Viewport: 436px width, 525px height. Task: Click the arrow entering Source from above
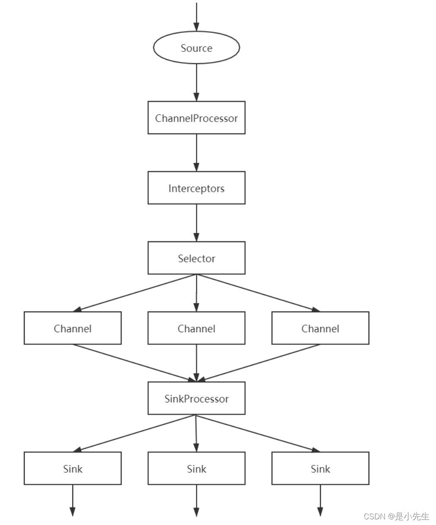click(x=196, y=17)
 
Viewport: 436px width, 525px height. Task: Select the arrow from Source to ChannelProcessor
click(x=196, y=82)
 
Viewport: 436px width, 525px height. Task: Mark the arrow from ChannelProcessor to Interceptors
click(x=196, y=152)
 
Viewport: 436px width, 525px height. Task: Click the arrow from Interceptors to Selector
click(x=196, y=223)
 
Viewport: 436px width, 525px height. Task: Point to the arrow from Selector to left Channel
click(x=135, y=293)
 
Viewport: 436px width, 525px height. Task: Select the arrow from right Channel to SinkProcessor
click(x=258, y=363)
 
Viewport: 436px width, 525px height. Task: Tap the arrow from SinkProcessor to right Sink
click(x=258, y=433)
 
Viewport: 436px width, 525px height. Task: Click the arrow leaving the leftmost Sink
click(x=73, y=500)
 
